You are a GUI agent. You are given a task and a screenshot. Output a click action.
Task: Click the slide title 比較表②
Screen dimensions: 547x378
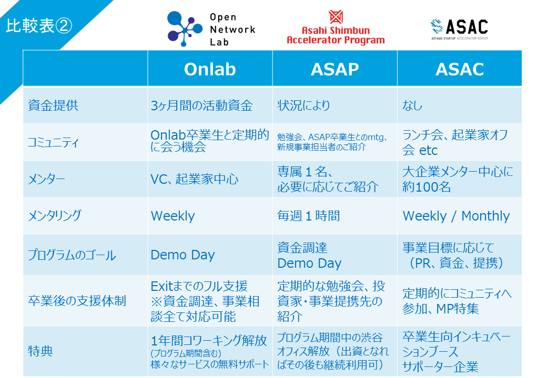pyautogui.click(x=39, y=26)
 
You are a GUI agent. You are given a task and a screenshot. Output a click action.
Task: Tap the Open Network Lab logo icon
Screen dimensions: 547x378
pyautogui.click(x=185, y=28)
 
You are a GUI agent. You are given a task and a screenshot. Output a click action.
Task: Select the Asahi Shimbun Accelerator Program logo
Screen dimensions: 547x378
pyautogui.click(x=336, y=27)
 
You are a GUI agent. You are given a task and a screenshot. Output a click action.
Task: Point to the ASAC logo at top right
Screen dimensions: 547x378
pyautogui.click(x=460, y=29)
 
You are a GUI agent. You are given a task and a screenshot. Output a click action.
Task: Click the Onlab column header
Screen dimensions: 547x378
pyautogui.click(x=210, y=69)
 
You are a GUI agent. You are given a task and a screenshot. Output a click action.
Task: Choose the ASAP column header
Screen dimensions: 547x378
pyautogui.click(x=335, y=69)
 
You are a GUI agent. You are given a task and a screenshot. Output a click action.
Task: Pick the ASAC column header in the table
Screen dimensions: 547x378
pyautogui.click(x=460, y=69)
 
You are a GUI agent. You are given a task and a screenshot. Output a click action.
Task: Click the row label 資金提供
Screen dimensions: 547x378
pyautogui.click(x=53, y=105)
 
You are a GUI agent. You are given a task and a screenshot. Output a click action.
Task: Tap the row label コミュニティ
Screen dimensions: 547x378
pyautogui.click(x=53, y=142)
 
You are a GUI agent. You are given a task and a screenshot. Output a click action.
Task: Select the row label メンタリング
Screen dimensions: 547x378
pyautogui.click(x=54, y=215)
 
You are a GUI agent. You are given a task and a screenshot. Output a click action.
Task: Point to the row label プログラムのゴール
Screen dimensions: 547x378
pyautogui.click(x=72, y=255)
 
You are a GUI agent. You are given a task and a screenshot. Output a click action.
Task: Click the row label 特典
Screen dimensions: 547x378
pyautogui.click(x=40, y=351)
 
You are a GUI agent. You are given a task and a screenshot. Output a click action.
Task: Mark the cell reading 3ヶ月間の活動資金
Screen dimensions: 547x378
pyautogui.click(x=201, y=106)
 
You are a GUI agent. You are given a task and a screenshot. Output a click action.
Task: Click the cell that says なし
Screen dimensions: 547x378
pyautogui.click(x=412, y=106)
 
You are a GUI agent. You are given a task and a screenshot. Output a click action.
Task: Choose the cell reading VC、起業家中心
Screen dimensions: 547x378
pyautogui.click(x=195, y=179)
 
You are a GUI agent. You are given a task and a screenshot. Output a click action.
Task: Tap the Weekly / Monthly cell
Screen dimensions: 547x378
pyautogui.click(x=457, y=216)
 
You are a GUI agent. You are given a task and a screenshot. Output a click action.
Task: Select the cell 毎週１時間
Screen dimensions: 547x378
pyautogui.click(x=308, y=216)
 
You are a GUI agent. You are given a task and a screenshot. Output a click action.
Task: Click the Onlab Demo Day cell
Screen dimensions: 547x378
pyautogui.click(x=183, y=255)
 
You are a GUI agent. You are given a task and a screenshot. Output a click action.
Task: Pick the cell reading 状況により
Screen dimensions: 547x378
pyautogui.click(x=303, y=106)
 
